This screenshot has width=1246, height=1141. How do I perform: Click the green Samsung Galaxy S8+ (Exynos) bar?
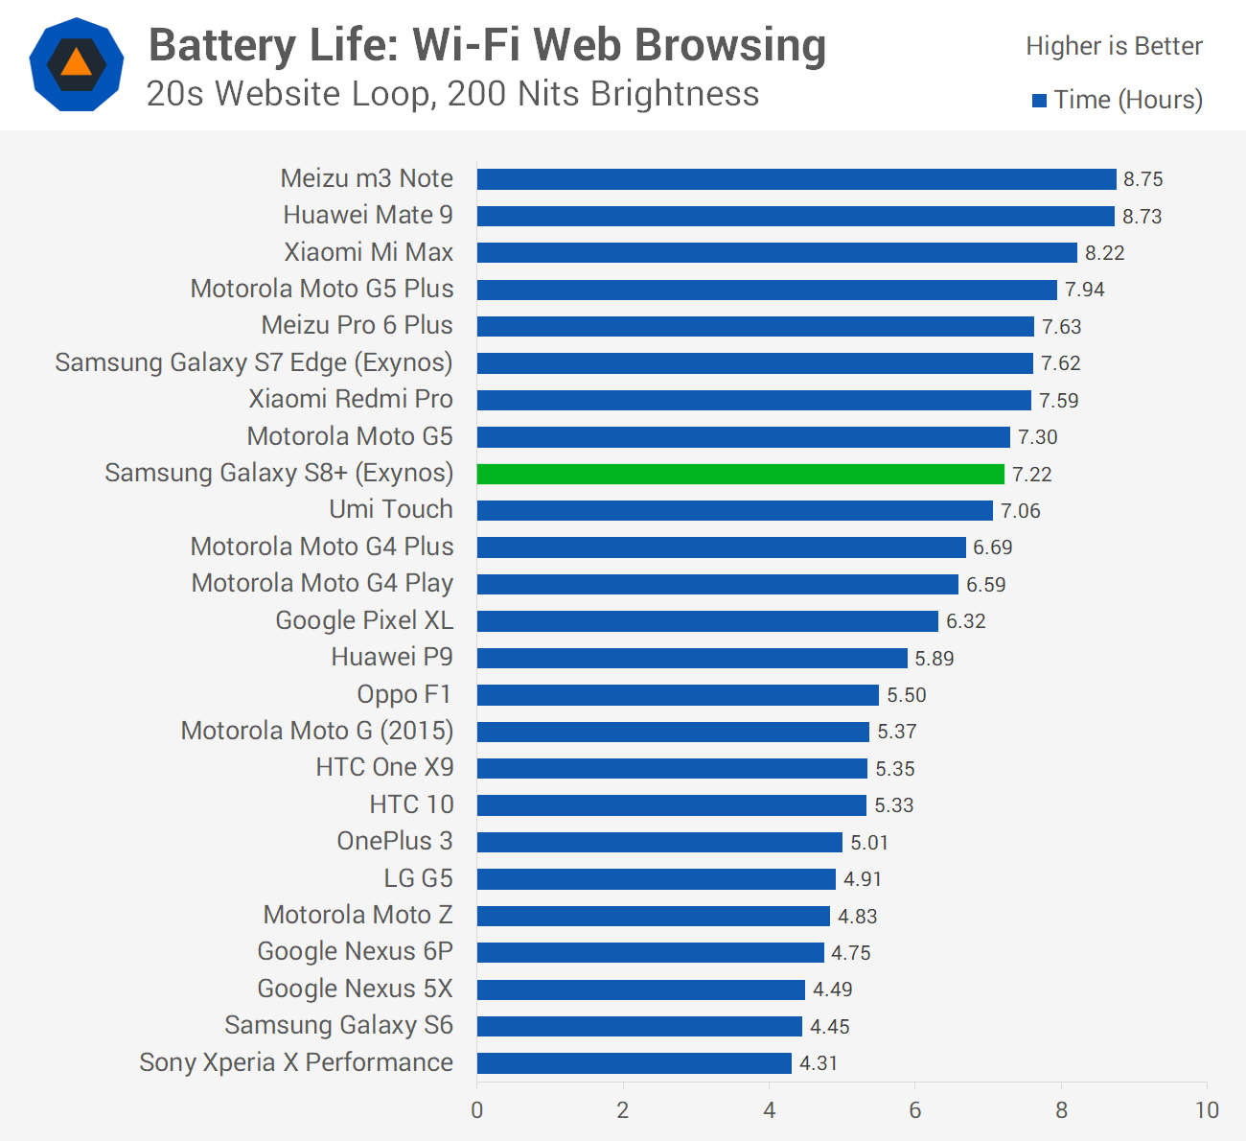tap(740, 475)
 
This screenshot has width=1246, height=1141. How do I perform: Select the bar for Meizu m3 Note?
tap(796, 179)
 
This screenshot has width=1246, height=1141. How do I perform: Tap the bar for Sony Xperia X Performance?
tap(635, 1063)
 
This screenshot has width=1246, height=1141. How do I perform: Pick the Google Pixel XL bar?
tap(707, 621)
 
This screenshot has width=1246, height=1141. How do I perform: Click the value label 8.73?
tap(1142, 217)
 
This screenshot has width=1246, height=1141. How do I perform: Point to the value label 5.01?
tap(869, 843)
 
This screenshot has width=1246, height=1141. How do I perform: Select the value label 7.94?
tap(1085, 290)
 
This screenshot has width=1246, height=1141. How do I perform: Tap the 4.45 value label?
tap(829, 1027)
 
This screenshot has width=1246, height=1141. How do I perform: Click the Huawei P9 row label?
tap(392, 657)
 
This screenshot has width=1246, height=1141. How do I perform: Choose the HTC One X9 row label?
tap(384, 767)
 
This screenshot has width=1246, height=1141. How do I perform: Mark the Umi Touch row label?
tap(391, 509)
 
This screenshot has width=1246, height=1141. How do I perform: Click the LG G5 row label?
tap(419, 878)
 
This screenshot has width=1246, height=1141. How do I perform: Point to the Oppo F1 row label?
tap(404, 694)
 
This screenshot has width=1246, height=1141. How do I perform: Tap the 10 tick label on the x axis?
tap(1207, 1110)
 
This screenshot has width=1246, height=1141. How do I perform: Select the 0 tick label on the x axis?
tap(477, 1110)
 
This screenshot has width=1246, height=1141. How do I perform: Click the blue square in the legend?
tap(1039, 101)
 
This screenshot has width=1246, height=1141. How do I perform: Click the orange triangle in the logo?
tap(77, 62)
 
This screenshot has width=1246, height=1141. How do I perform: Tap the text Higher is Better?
tap(1115, 46)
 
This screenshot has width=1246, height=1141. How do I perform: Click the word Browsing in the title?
tap(730, 46)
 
